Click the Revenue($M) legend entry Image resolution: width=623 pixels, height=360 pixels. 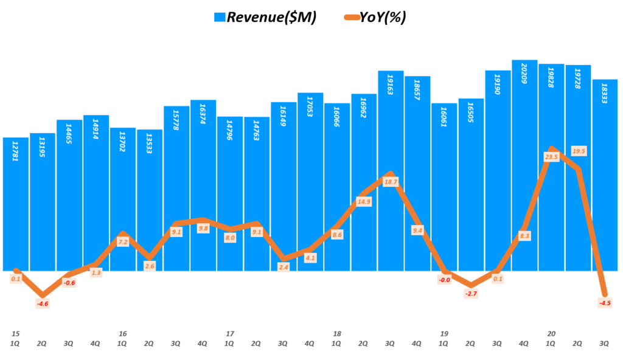click(x=265, y=17)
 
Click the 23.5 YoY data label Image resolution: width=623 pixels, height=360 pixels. click(x=551, y=157)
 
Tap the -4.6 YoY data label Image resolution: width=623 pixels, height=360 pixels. click(x=43, y=303)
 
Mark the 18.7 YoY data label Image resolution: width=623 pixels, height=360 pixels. click(x=391, y=182)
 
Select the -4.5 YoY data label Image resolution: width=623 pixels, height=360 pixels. click(x=605, y=303)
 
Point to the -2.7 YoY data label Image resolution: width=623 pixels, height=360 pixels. click(x=471, y=294)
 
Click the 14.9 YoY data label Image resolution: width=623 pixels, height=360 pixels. click(x=364, y=202)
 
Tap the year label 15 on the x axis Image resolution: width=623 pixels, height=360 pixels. click(x=16, y=333)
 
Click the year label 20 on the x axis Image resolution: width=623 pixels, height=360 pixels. click(x=551, y=333)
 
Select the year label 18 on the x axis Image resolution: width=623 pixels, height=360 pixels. click(x=337, y=333)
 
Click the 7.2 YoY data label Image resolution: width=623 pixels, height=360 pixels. click(x=123, y=242)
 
